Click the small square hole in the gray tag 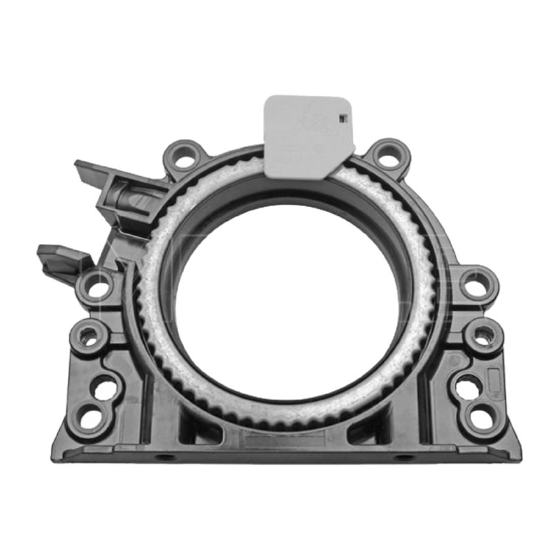343,118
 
